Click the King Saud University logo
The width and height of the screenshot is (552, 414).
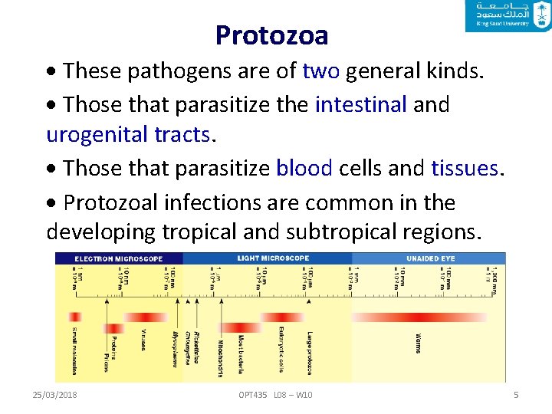(x=507, y=16)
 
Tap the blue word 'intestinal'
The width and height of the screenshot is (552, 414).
(x=360, y=103)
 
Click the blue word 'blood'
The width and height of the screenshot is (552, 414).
(x=304, y=167)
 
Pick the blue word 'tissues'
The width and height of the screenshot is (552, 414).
(x=464, y=167)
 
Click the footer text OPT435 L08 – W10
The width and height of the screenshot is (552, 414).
(x=275, y=395)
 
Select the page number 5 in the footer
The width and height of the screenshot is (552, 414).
(x=516, y=395)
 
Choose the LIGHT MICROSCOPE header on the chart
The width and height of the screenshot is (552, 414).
(x=274, y=258)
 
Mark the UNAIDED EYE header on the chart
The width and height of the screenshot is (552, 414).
(x=430, y=258)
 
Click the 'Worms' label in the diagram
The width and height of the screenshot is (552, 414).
(x=418, y=342)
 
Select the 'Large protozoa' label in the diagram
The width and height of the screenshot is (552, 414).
(x=310, y=353)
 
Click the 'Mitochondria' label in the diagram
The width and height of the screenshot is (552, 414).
(x=221, y=356)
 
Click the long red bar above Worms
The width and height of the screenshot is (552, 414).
(x=419, y=317)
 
